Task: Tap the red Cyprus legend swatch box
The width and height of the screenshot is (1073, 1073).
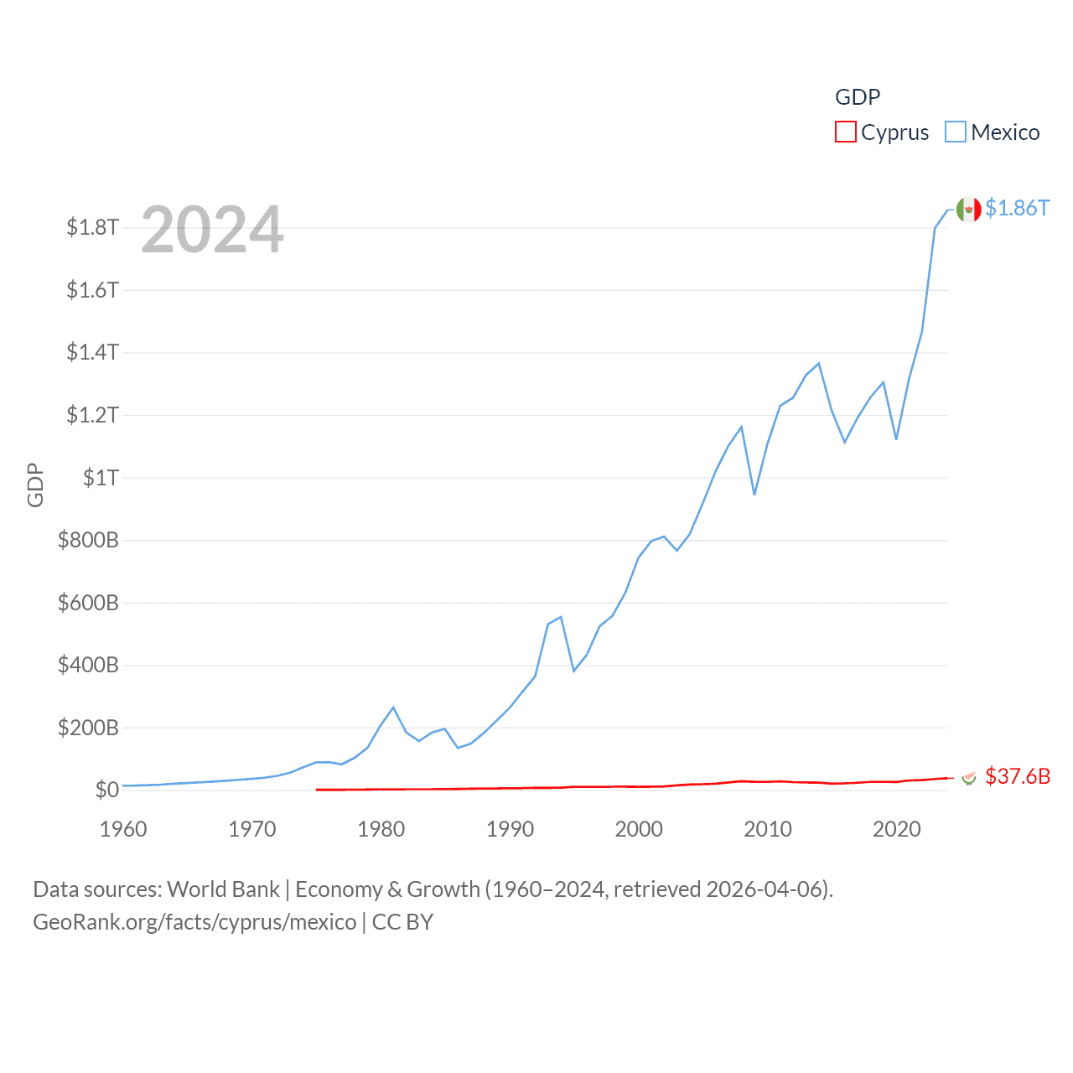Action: (x=846, y=132)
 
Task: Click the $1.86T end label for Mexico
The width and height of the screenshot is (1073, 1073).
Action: (x=1017, y=208)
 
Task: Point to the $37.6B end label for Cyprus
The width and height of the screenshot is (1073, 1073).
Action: (x=1018, y=776)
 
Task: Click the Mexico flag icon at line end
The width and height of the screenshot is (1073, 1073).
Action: (x=969, y=210)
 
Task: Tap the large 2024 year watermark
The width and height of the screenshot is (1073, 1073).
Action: (x=213, y=230)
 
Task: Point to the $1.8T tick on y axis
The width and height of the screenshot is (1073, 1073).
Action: (x=92, y=227)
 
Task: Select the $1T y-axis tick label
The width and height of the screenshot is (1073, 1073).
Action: (x=101, y=478)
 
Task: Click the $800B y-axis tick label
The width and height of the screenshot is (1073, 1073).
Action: (x=88, y=540)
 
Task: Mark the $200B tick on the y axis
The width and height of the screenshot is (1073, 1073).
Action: (x=88, y=728)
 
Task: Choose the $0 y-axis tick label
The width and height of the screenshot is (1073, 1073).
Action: (x=106, y=790)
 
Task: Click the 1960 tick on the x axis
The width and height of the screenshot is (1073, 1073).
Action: (x=123, y=829)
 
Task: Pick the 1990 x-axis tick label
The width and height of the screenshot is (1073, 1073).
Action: (x=510, y=829)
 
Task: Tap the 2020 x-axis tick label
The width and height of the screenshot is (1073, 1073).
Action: (x=896, y=829)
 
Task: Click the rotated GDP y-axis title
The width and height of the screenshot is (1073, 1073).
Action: (x=35, y=485)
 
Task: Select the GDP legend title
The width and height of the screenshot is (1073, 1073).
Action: (x=858, y=97)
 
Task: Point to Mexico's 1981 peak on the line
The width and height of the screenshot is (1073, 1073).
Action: (x=393, y=708)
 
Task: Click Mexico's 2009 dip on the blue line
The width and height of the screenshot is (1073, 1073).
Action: (x=754, y=494)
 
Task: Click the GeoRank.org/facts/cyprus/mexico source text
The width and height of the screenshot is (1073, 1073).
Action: (x=194, y=922)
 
